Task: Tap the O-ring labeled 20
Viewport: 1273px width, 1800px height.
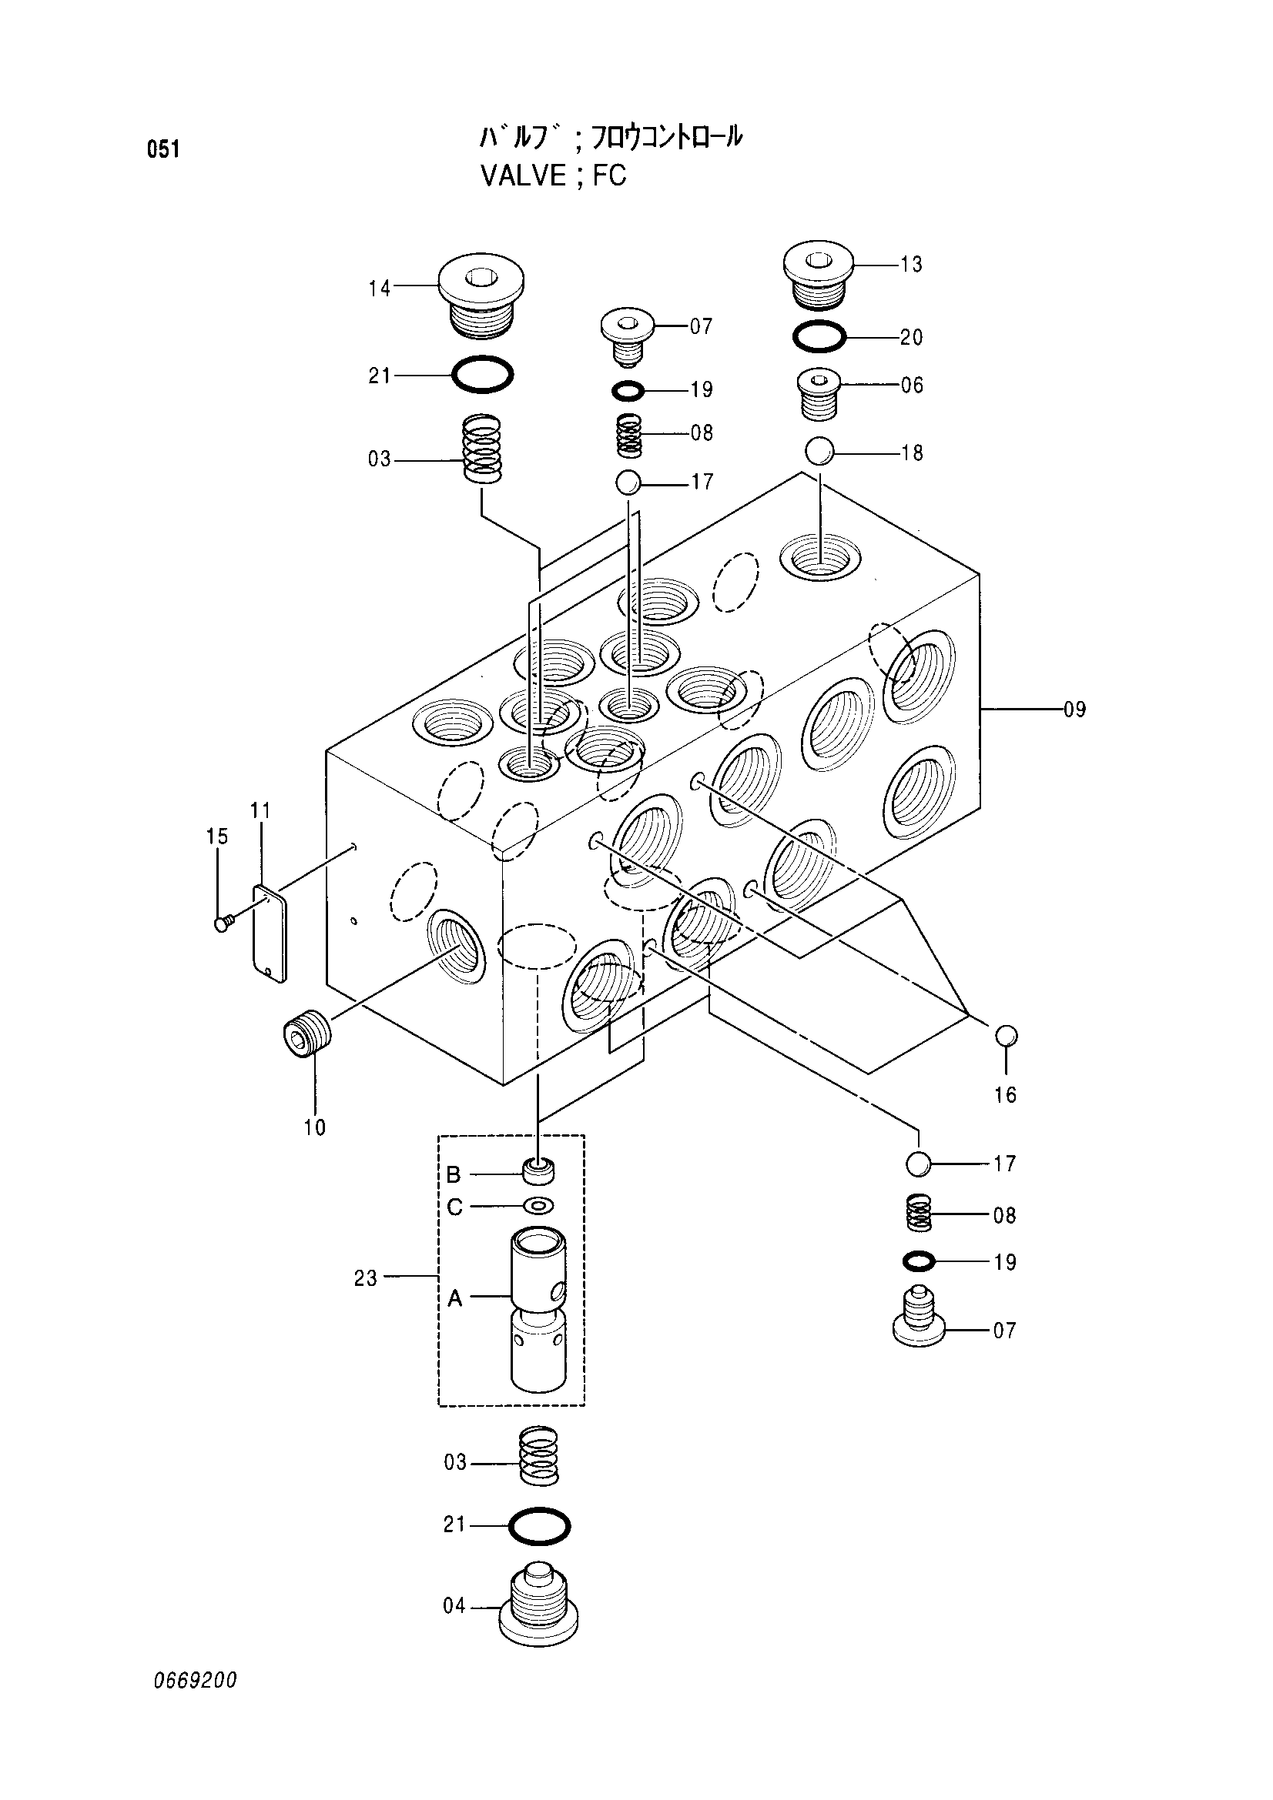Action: [x=819, y=337]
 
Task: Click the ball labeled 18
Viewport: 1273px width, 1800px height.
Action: [x=819, y=452]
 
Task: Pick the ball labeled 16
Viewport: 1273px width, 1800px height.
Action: [x=1007, y=1036]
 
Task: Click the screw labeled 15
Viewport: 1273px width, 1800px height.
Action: [x=223, y=924]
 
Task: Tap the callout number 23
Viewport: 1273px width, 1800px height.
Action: [x=366, y=1279]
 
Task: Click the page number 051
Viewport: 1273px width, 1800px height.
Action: [x=163, y=149]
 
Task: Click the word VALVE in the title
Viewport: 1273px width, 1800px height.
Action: [x=523, y=175]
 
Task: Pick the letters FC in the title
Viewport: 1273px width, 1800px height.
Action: [x=609, y=175]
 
